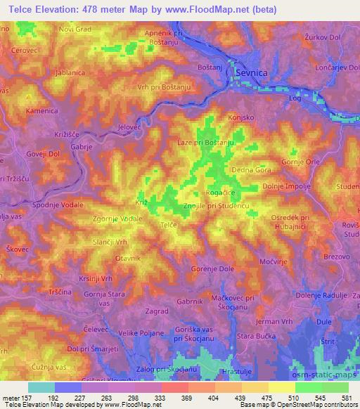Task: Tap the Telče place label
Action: point(167,224)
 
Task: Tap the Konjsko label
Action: point(240,118)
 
